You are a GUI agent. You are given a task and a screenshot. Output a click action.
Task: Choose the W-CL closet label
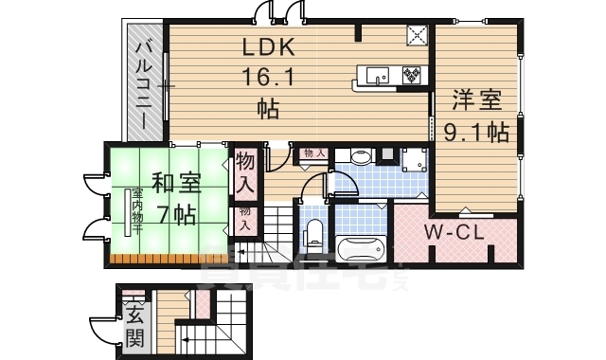point(457,231)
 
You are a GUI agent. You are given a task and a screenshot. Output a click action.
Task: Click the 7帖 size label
point(177,215)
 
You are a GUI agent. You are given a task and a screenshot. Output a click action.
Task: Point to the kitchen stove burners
point(413,73)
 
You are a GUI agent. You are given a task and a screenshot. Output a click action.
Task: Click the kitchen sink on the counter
point(370,73)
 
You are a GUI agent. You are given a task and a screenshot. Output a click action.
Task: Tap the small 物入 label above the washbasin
point(314,153)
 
